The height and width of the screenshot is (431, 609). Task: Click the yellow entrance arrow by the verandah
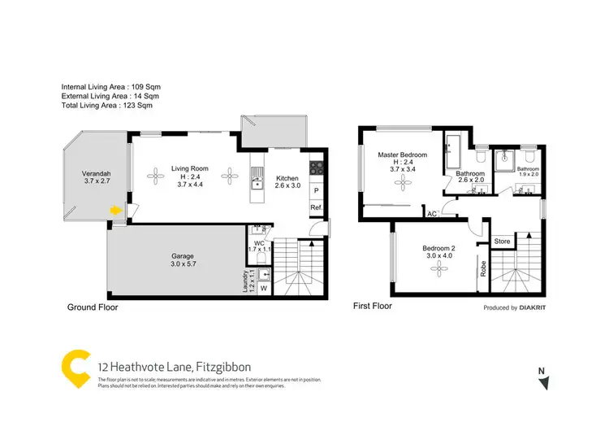pyautogui.click(x=117, y=210)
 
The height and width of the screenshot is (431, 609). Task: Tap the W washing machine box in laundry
pyautogui.click(x=263, y=287)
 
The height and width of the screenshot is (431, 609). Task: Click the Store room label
pyautogui.click(x=503, y=241)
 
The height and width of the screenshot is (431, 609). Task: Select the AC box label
pyautogui.click(x=433, y=214)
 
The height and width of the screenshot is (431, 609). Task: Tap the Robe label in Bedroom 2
pyautogui.click(x=484, y=268)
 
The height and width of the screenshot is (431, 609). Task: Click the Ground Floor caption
pyautogui.click(x=93, y=307)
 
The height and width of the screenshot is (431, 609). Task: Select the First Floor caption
pyautogui.click(x=372, y=307)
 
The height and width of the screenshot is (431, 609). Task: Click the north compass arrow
pyautogui.click(x=547, y=382)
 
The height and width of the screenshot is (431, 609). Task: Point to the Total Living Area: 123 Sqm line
pyautogui.click(x=106, y=106)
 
